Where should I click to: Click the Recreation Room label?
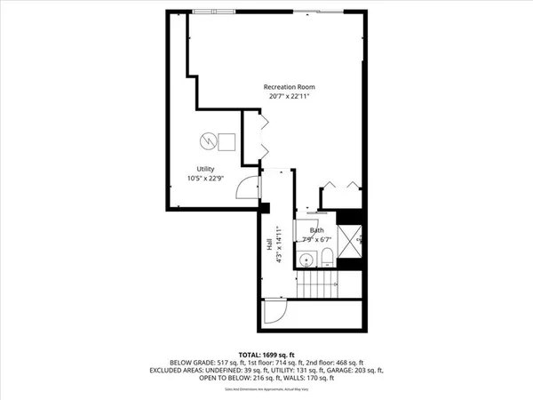pyautogui.click(x=289, y=86)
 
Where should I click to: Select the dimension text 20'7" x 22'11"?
pyautogui.click(x=289, y=96)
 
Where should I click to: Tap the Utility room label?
pyautogui.click(x=206, y=169)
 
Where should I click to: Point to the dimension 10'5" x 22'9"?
pyautogui.click(x=206, y=178)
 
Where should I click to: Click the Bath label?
pyautogui.click(x=316, y=230)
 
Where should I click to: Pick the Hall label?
pyautogui.click(x=269, y=242)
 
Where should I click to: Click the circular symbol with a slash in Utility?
pyautogui.click(x=206, y=140)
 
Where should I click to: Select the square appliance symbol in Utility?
pyautogui.click(x=227, y=140)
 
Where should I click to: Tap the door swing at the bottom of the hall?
pyautogui.click(x=272, y=312)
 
